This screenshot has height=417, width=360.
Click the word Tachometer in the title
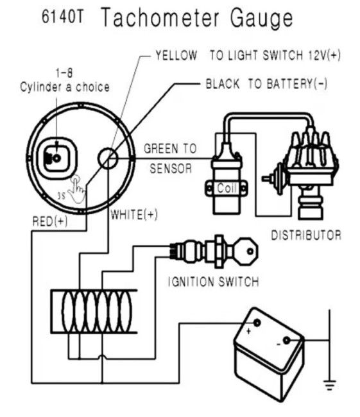coord(160,17)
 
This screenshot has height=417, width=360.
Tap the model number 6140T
coord(63,17)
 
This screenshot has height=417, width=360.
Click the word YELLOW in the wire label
coord(176,55)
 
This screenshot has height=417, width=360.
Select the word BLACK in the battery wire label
coord(223,84)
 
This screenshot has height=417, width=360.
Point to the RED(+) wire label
coord(50,221)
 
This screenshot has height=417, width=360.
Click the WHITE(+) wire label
coord(134,215)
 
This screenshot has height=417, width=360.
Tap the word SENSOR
coord(171,169)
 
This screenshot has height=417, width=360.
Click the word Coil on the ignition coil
coord(227,188)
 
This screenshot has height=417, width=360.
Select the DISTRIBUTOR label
coord(306,235)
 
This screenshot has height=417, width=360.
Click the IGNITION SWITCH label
coord(214,282)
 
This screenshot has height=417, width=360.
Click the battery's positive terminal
coord(257,323)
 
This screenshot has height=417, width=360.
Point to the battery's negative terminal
coord(286,341)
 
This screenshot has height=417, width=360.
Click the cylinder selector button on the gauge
coord(56,158)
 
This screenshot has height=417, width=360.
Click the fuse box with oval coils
coord(94,311)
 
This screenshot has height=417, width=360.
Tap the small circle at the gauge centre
coord(108,158)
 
